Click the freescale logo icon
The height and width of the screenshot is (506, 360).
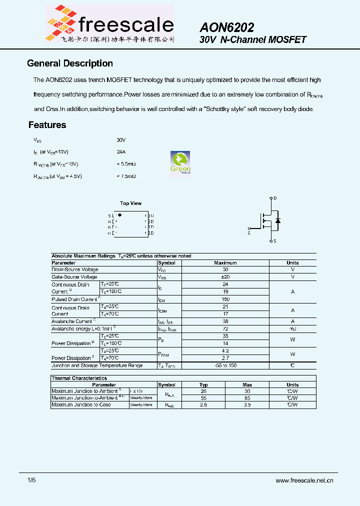pos(62,22)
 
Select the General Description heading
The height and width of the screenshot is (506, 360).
pos(69,63)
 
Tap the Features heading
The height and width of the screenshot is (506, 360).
pos(47,125)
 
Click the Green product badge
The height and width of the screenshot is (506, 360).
pos(180,162)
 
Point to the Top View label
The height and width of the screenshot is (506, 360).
pos(130,203)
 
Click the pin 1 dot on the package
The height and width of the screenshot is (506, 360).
pos(119,214)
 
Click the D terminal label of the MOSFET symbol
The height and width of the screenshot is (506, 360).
pos(275,198)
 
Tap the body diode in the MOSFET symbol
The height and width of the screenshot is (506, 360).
pos(278,220)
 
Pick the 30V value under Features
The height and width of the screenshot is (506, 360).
pos(121,140)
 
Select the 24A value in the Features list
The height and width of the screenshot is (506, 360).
pos(121,151)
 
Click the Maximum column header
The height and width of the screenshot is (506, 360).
pos(225,262)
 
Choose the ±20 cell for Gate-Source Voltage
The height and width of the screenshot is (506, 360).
pos(225,276)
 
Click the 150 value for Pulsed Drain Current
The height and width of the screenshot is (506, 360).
pos(225,299)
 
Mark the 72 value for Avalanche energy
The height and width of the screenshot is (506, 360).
pos(225,328)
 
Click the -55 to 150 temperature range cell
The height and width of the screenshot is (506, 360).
pos(225,365)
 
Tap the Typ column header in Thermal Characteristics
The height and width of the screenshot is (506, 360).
pos(203,385)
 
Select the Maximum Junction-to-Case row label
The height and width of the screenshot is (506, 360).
pos(81,404)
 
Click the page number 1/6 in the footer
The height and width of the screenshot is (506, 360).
pos(31,480)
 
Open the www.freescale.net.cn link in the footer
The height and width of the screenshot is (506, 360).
pos(304,480)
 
